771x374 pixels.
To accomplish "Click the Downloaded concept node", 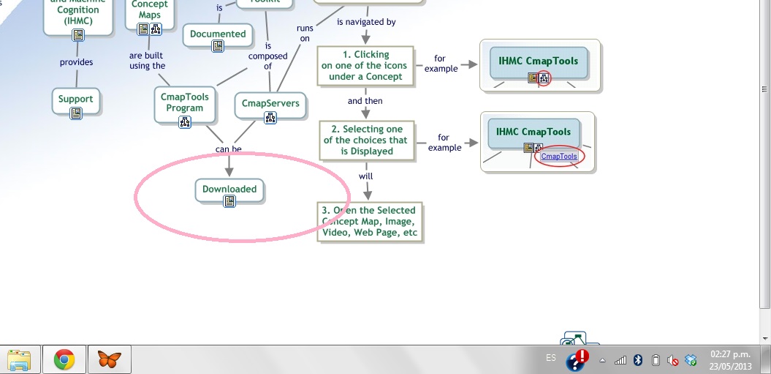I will click(x=229, y=189).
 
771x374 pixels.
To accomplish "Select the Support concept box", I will click(x=76, y=99).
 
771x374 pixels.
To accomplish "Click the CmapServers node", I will click(x=270, y=103).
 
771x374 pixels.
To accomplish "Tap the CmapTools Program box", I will click(x=184, y=102).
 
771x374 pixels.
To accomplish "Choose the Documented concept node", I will click(x=218, y=34).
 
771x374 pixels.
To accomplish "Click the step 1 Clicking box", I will click(x=365, y=65).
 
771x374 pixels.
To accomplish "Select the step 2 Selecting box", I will click(x=366, y=140).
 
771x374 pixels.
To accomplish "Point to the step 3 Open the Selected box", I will click(x=370, y=222).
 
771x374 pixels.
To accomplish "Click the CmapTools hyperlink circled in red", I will click(x=559, y=156).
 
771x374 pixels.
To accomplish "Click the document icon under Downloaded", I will click(x=229, y=201).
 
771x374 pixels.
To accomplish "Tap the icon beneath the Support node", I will click(x=76, y=113).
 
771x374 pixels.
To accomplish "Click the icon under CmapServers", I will click(x=270, y=118).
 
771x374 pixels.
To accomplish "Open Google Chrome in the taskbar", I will click(x=64, y=359).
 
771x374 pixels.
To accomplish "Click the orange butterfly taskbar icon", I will click(x=109, y=359).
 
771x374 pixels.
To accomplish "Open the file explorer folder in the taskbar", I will click(x=20, y=359).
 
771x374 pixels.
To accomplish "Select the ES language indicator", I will click(x=550, y=358).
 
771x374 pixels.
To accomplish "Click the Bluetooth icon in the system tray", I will click(x=637, y=360).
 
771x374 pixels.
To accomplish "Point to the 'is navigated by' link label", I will click(x=366, y=22).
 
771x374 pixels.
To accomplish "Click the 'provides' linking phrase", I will click(x=76, y=62).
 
